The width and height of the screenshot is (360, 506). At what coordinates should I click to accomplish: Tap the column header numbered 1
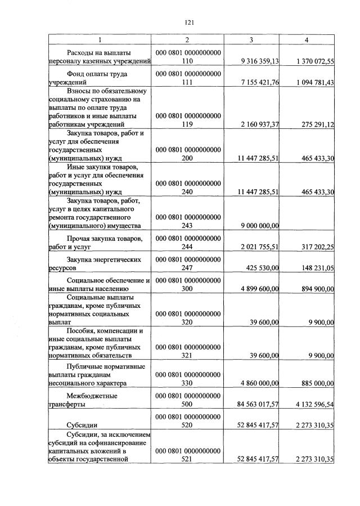click(x=100, y=40)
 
